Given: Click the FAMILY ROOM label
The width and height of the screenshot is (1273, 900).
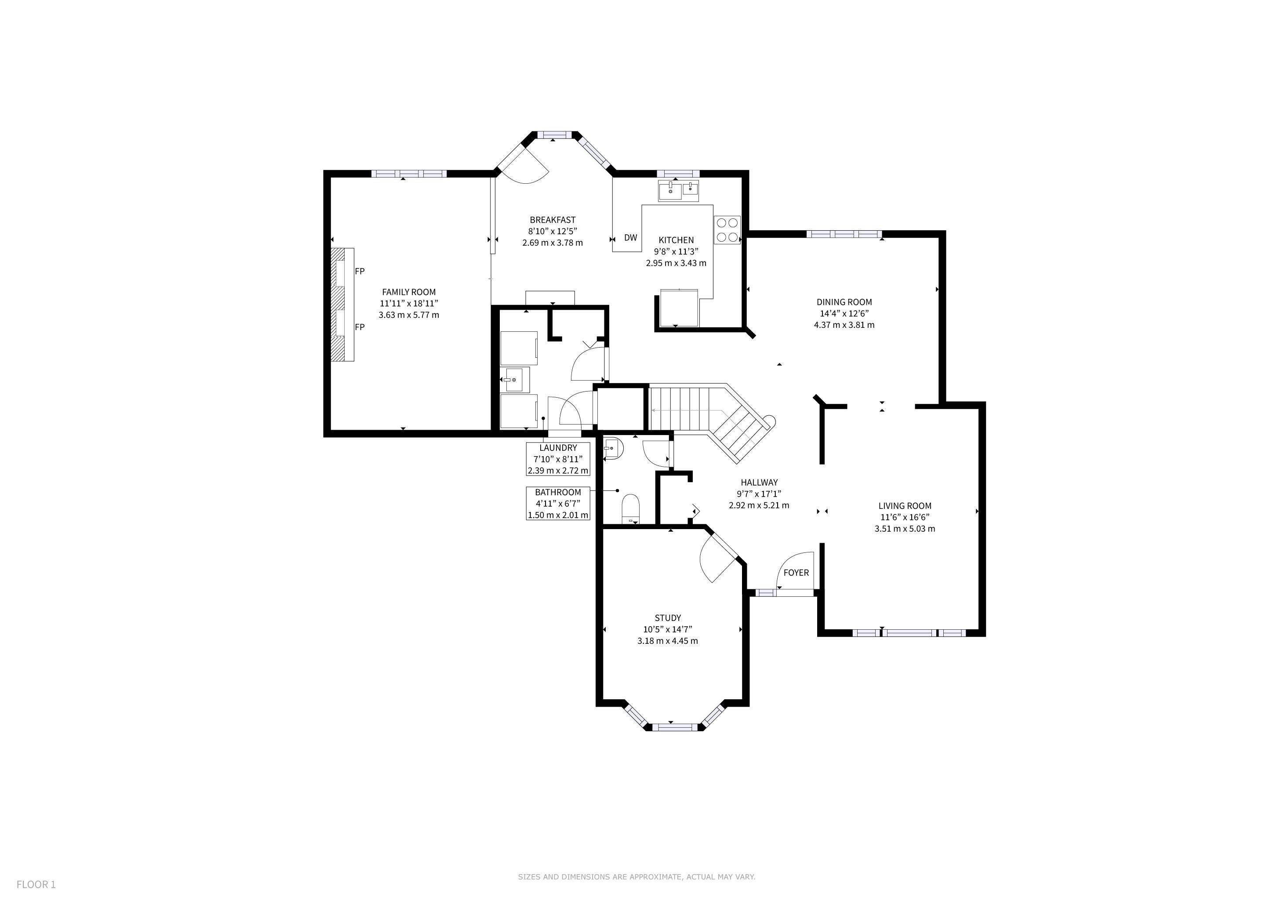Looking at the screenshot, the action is click(409, 292).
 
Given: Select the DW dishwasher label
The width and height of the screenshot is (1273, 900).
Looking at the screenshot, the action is click(630, 238).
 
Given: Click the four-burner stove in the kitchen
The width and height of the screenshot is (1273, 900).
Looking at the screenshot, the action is click(727, 229).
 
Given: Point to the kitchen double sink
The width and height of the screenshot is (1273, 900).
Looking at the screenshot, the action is click(679, 191).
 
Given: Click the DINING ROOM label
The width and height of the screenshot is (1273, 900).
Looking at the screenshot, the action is click(844, 302).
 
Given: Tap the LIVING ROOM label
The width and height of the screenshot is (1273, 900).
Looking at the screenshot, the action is click(905, 505).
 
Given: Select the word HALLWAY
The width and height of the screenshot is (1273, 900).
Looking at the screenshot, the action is click(759, 482).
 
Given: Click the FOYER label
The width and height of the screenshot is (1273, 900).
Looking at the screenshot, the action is click(796, 573).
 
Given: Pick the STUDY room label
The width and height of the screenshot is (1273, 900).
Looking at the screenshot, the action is click(668, 617).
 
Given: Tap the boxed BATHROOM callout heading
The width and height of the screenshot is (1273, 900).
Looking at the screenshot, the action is click(558, 492).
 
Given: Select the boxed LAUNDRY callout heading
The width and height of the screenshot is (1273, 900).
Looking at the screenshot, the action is click(558, 448).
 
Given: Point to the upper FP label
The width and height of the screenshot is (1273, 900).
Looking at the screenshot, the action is click(360, 271).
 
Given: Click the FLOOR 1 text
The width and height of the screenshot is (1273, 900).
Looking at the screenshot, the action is click(36, 885).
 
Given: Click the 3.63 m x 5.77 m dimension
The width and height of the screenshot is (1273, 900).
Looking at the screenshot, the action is click(409, 315).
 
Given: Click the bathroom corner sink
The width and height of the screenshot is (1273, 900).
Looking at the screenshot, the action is click(611, 448).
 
